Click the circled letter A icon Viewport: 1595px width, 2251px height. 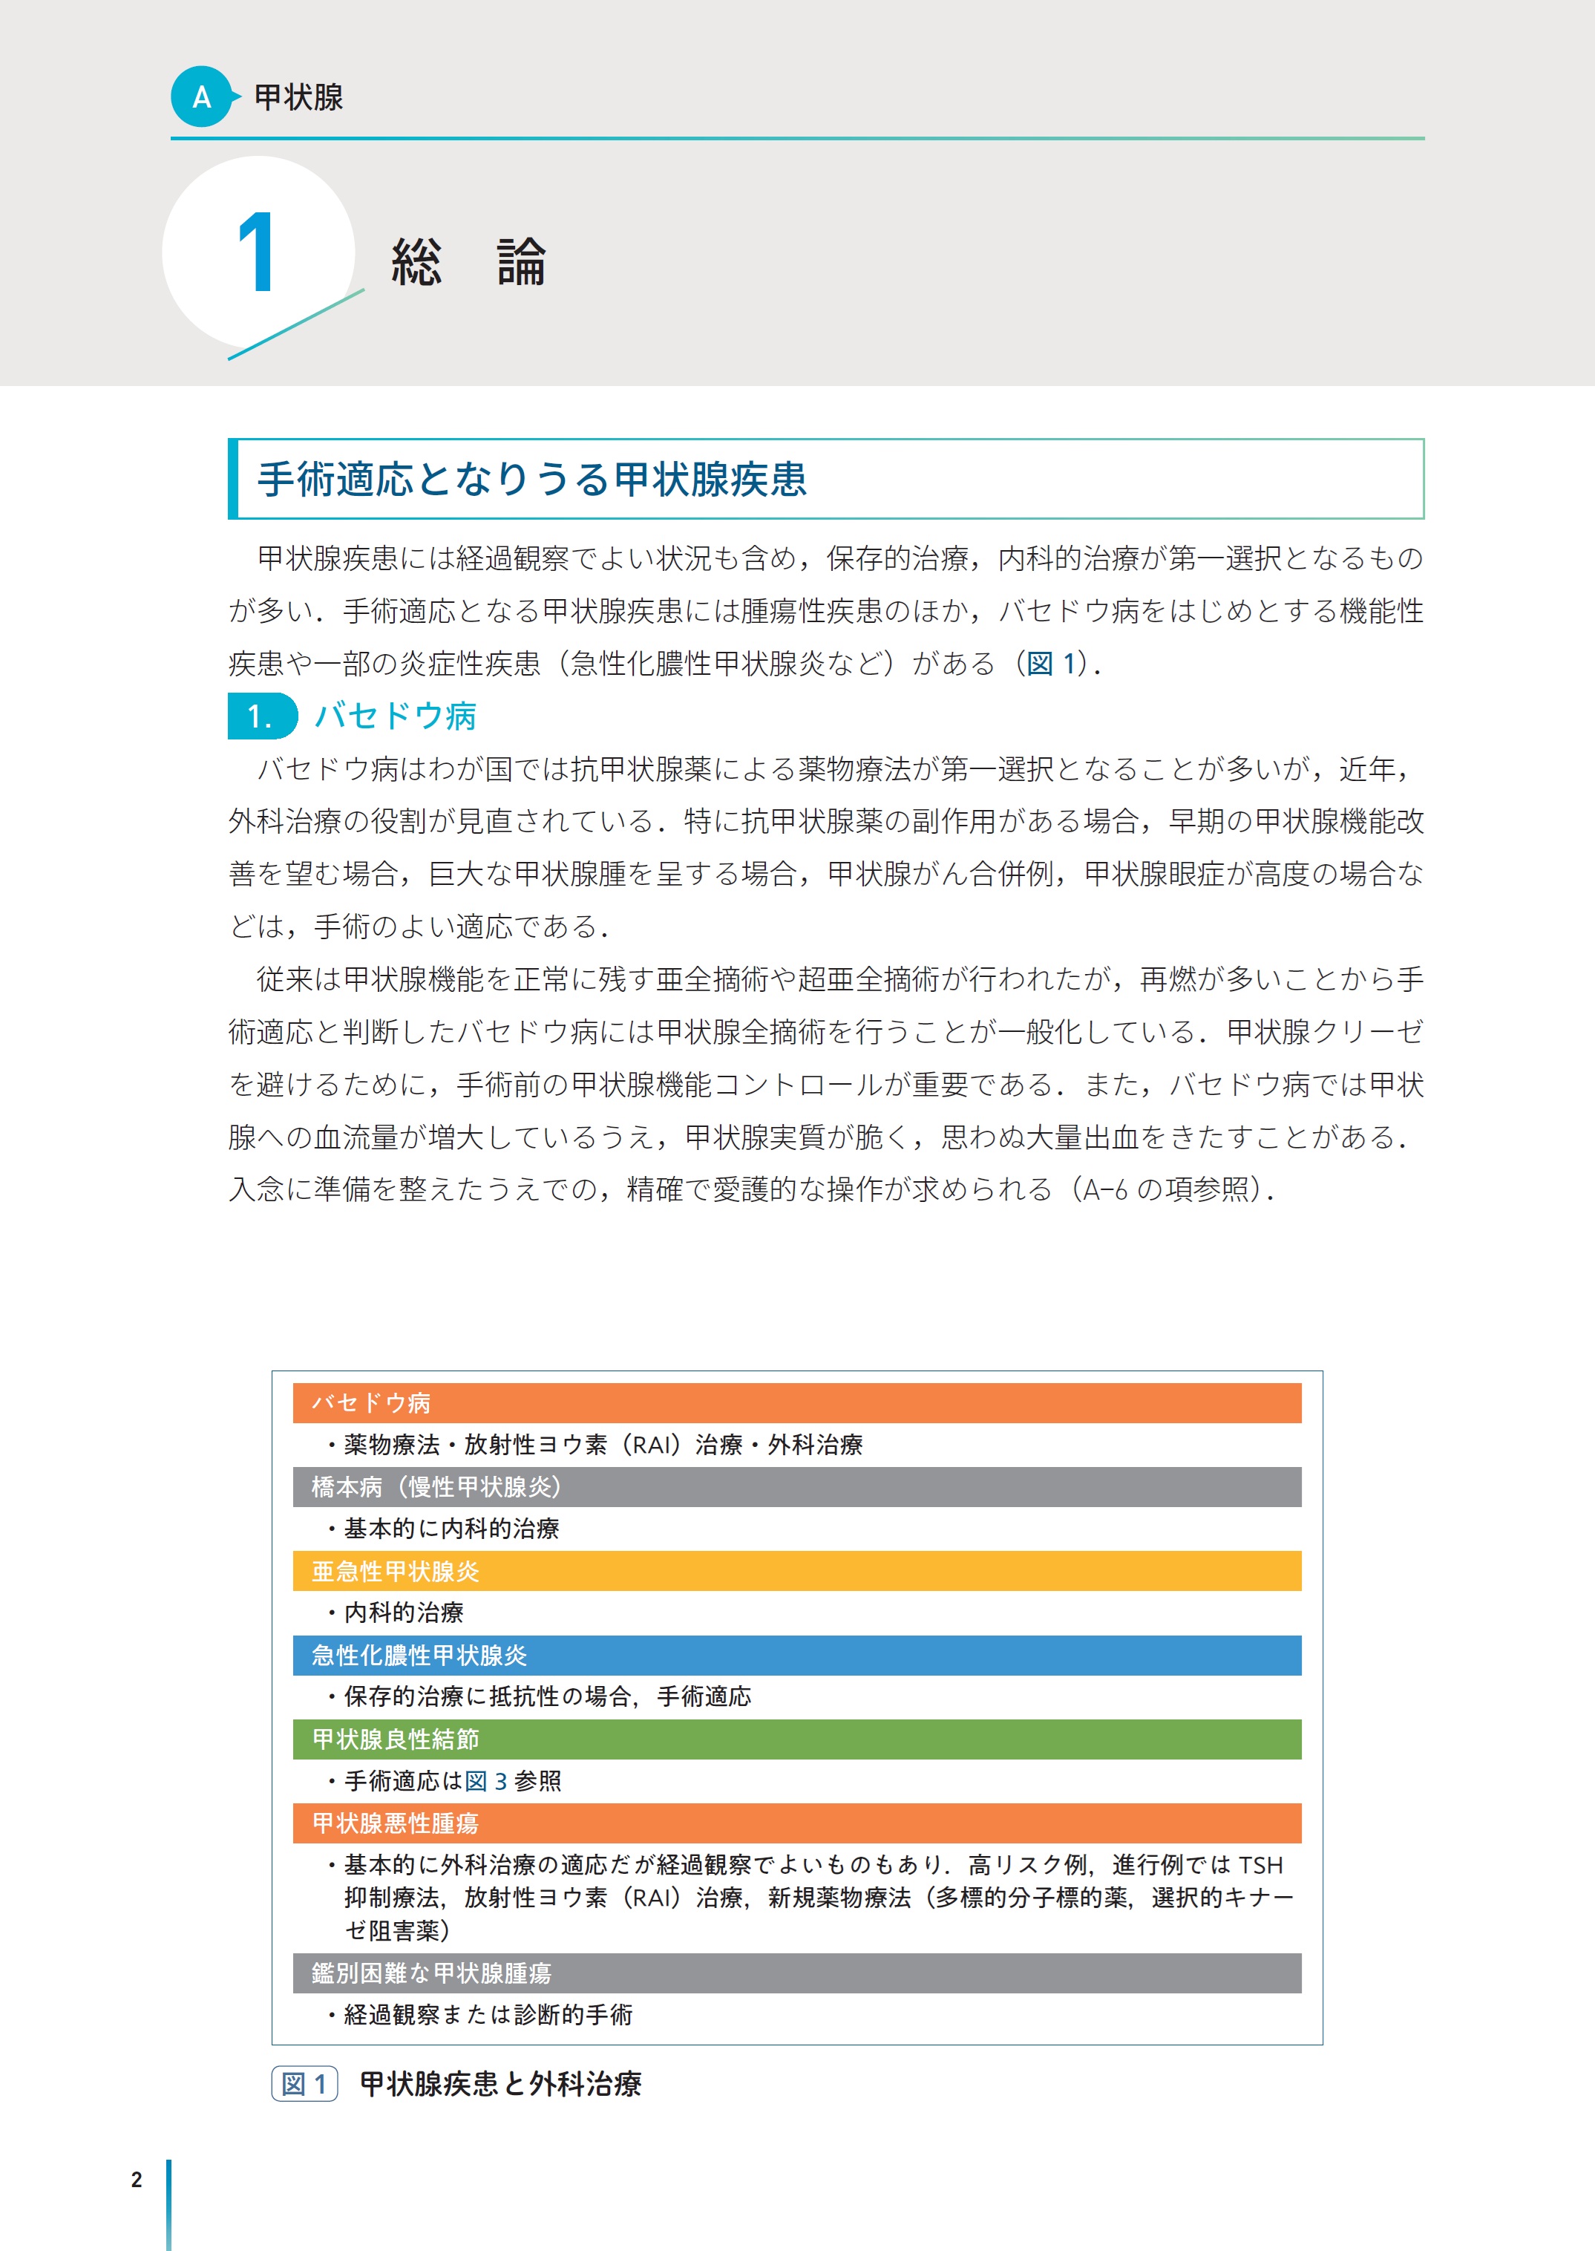(201, 97)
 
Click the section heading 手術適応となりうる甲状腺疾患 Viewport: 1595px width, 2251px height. (531, 480)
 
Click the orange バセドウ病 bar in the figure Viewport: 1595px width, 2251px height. (796, 1403)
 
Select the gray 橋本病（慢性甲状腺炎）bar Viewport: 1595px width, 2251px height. (796, 1486)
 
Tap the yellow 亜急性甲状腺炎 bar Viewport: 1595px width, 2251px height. (796, 1571)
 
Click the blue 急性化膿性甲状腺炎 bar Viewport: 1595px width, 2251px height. (796, 1656)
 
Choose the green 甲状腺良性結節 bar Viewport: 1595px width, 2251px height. (796, 1739)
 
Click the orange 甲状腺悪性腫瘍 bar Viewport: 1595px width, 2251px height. (796, 1823)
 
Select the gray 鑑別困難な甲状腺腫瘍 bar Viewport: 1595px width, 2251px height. (796, 1973)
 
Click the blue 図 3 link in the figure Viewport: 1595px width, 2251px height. (486, 1781)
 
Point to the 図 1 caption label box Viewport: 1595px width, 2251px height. (304, 2084)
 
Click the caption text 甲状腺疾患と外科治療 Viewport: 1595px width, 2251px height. (501, 2084)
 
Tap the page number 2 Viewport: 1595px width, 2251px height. (137, 2179)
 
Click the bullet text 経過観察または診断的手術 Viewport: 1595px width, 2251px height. (488, 2015)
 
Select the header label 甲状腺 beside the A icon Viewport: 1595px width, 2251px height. (298, 97)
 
